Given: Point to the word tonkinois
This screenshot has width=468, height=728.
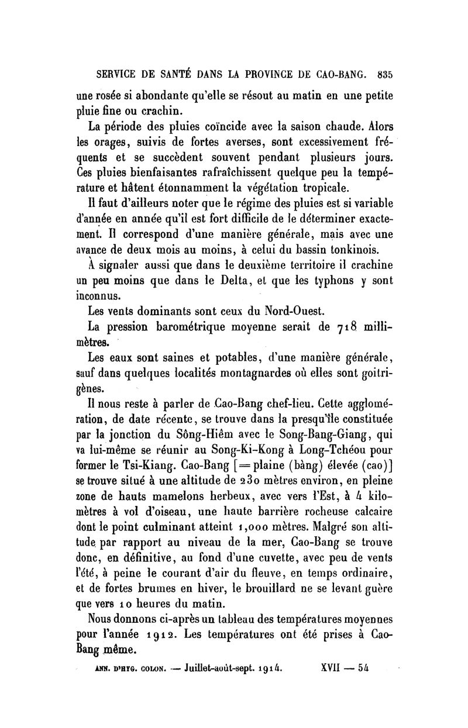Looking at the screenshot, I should point(340,249).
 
